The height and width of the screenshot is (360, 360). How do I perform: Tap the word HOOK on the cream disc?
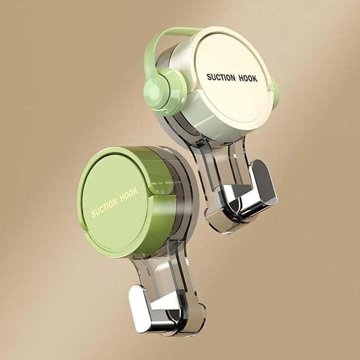tap(247, 78)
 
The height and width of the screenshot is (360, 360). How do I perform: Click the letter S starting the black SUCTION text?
tap(208, 77)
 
